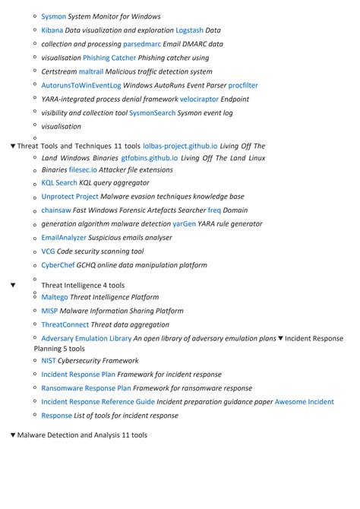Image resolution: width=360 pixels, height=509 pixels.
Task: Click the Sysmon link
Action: (53, 16)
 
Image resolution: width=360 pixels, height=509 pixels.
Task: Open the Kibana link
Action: (52, 30)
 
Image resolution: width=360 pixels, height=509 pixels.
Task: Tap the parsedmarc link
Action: (142, 44)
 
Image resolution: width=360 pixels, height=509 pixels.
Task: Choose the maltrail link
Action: (91, 71)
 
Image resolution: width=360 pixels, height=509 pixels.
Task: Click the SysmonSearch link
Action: (152, 112)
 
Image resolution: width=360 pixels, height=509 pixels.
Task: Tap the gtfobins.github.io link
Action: (150, 158)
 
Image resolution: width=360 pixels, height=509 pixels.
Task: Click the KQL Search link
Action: (59, 183)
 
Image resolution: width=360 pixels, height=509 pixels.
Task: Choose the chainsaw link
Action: (55, 210)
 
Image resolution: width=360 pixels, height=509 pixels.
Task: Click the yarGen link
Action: (184, 224)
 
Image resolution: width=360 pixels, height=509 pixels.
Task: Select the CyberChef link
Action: (58, 265)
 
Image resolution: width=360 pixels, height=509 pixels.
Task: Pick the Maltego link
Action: (55, 297)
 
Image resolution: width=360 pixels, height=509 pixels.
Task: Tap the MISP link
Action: (49, 311)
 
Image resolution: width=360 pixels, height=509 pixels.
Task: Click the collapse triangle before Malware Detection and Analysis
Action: (13, 435)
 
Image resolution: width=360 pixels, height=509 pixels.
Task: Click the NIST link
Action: (49, 361)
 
